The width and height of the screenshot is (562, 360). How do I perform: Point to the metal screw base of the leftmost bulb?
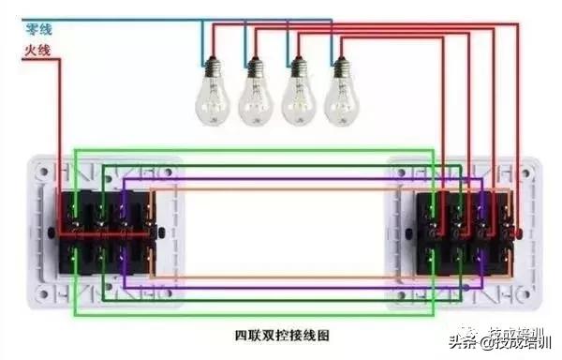(212, 68)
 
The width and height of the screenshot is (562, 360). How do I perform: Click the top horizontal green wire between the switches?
(253, 149)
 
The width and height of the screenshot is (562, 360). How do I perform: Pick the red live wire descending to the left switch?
(61, 141)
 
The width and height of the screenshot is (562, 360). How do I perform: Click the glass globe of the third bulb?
(297, 99)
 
